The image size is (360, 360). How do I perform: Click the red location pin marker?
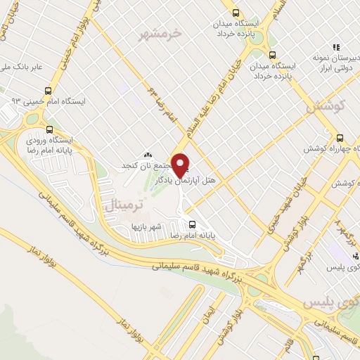point(181,165)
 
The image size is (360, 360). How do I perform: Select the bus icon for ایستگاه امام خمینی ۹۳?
point(48,91)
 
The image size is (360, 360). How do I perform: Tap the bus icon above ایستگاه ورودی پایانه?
point(50,129)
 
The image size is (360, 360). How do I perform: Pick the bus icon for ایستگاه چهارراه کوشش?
point(340,138)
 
